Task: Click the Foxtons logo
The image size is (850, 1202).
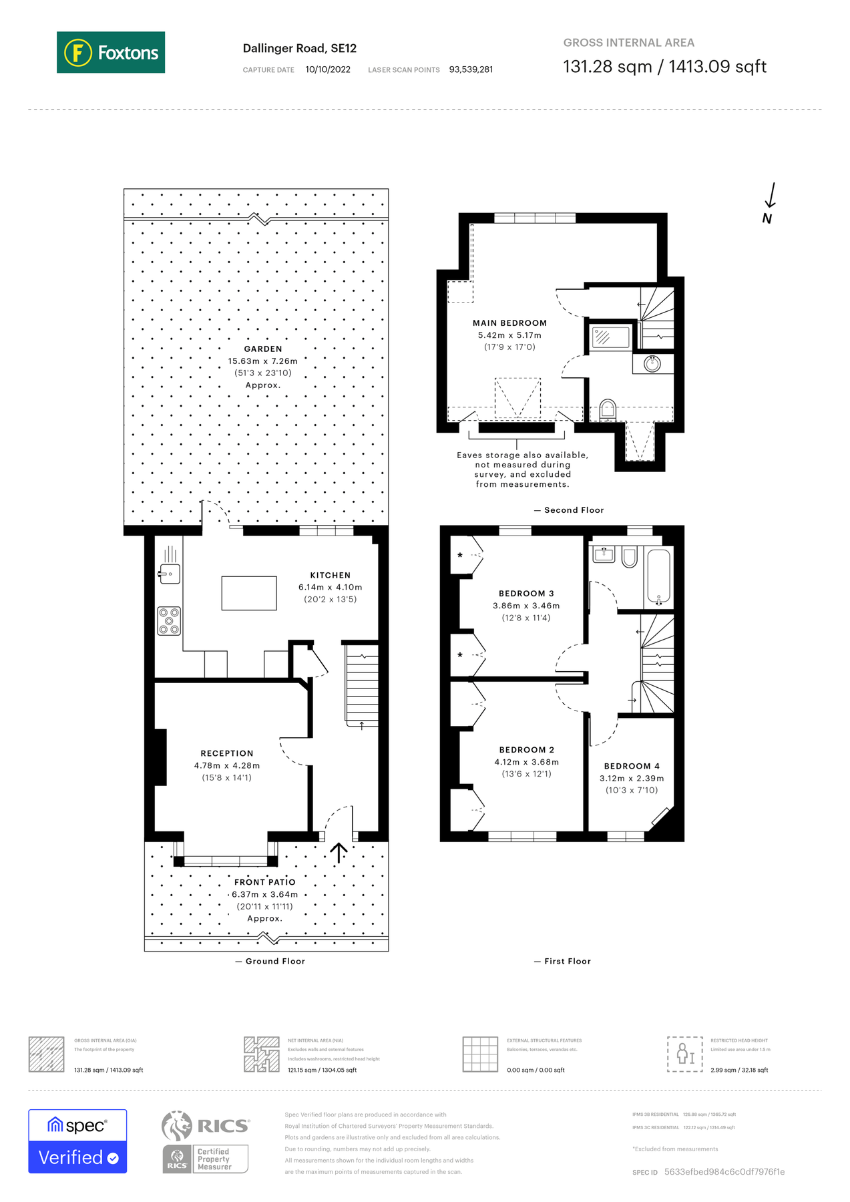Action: (111, 52)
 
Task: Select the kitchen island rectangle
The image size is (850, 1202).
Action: (249, 593)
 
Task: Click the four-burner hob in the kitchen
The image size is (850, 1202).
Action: (168, 620)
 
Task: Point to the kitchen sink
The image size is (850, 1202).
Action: (169, 574)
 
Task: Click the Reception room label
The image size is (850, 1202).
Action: (227, 753)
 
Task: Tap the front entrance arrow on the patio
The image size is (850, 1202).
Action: (339, 853)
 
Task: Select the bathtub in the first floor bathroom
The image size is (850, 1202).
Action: (658, 576)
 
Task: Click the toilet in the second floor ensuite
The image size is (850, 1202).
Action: (608, 409)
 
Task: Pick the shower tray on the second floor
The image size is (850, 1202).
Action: (610, 337)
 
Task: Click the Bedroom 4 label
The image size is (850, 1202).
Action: (632, 766)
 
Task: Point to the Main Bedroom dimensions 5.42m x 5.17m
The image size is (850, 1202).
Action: (509, 335)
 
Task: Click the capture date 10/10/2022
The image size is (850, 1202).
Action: (328, 69)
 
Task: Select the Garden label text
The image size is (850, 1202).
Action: (263, 349)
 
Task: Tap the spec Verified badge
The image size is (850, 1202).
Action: (77, 1141)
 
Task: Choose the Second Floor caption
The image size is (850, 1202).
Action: (574, 510)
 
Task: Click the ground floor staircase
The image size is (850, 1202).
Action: (362, 684)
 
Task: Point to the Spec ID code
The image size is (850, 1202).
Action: (724, 1172)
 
